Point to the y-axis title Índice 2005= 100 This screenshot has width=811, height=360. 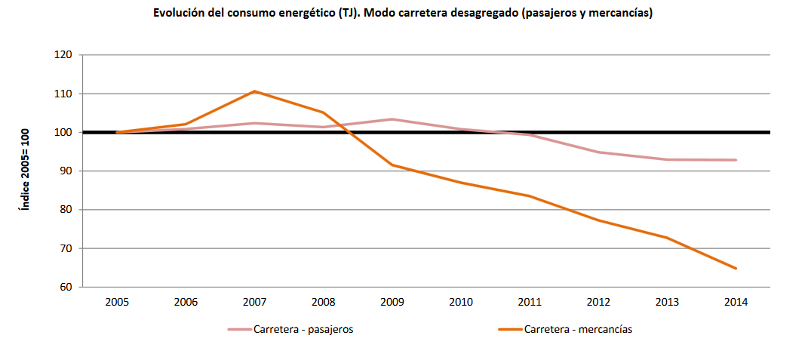[25, 171]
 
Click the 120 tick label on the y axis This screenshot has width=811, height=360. [63, 55]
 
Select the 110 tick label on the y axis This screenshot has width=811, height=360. [63, 94]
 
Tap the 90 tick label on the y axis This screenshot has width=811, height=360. [65, 171]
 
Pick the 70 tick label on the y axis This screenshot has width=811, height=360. [65, 248]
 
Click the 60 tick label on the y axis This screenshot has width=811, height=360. [65, 287]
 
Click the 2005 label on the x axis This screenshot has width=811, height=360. [117, 302]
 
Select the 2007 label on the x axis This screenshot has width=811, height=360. [254, 302]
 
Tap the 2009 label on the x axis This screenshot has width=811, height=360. [392, 302]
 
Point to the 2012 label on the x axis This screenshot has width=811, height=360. [598, 302]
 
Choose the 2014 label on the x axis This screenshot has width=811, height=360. [736, 302]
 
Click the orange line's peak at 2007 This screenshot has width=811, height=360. [254, 91]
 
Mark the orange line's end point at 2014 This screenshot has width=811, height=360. [736, 268]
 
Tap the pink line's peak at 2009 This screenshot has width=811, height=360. [392, 119]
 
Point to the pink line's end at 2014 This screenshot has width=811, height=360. [736, 160]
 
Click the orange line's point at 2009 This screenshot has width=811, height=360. [392, 165]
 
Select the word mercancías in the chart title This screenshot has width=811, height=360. [618, 14]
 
